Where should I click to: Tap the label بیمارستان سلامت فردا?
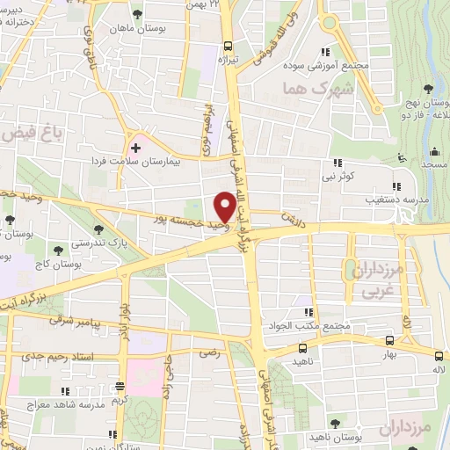point(136,162)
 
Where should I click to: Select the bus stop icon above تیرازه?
point(228,47)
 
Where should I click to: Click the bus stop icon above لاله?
point(439,355)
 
